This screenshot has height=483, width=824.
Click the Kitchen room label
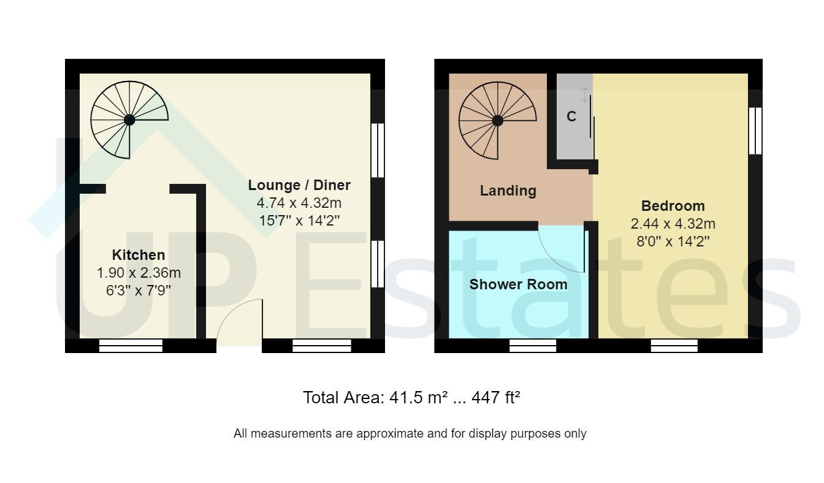[138, 255]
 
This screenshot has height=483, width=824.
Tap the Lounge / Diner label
[299, 185]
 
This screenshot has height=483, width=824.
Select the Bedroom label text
[673, 206]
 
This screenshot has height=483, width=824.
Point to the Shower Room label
[518, 284]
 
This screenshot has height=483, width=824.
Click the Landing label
[508, 191]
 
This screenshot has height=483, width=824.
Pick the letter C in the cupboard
[571, 116]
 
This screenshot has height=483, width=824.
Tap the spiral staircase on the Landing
[497, 120]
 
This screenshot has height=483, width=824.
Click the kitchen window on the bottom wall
[131, 346]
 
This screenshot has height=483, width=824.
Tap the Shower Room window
[532, 346]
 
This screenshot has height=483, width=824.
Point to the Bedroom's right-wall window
[755, 131]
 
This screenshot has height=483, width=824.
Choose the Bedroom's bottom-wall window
[674, 346]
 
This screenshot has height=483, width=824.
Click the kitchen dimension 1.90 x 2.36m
[139, 273]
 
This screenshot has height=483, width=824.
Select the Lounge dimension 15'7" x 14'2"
[299, 221]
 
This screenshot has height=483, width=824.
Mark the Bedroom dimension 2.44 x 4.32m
[673, 224]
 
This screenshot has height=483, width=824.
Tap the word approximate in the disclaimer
[390, 434]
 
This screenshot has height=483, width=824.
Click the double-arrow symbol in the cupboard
[585, 94]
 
